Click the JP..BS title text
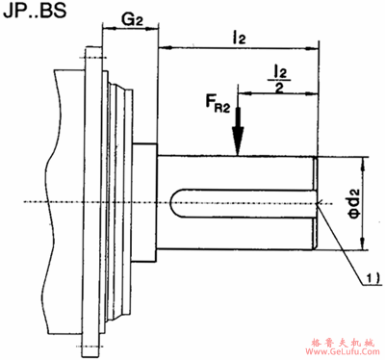[x=35, y=10]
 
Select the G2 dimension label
[x=132, y=20]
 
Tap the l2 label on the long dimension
[x=239, y=39]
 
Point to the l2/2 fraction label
[x=279, y=79]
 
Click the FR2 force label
[x=218, y=104]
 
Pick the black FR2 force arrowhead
[x=238, y=141]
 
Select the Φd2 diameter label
[x=354, y=203]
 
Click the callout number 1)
[x=373, y=277]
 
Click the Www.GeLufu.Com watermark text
[x=343, y=351]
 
